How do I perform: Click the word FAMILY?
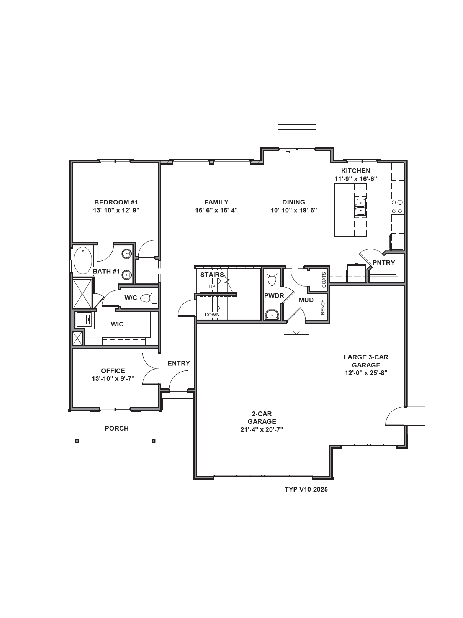pyautogui.click(x=216, y=202)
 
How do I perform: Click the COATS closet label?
pyautogui.click(x=324, y=280)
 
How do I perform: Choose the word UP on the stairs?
pyautogui.click(x=212, y=287)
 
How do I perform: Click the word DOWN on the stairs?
pyautogui.click(x=212, y=315)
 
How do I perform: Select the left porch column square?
pyautogui.click(x=77, y=441)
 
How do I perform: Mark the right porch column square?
pyautogui.click(x=153, y=441)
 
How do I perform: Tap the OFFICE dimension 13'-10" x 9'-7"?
pyautogui.click(x=113, y=379)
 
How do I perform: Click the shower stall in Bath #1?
pyautogui.click(x=82, y=293)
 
